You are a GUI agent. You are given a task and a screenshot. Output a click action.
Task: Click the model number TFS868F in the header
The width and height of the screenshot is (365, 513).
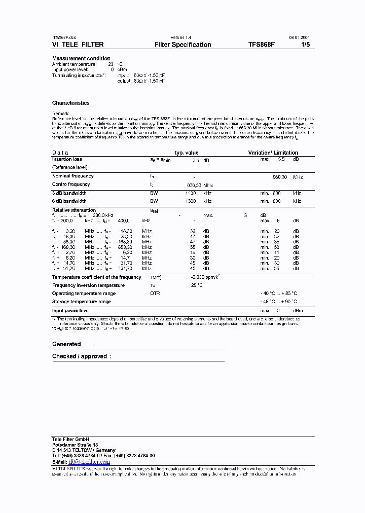pos(262,45)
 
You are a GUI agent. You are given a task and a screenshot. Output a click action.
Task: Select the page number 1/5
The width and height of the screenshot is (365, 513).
pos(305,45)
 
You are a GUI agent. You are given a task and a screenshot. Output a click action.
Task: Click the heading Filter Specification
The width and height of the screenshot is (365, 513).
pos(182,45)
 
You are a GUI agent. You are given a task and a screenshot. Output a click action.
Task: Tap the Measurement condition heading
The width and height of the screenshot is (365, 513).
pos(81,58)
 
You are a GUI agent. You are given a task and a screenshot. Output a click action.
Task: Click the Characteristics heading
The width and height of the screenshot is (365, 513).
pos(70,103)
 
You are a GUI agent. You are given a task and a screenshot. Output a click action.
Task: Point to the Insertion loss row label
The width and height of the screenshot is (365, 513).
pos(67,159)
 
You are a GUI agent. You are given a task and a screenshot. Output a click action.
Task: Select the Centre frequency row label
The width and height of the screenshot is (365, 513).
pos(71,185)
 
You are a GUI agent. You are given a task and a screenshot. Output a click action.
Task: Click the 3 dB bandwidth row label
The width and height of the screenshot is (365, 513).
pos(69,193)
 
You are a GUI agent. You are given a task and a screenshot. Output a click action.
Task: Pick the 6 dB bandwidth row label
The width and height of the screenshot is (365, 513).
pos(69,201)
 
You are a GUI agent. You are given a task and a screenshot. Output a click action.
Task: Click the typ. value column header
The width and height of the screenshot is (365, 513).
pos(187,153)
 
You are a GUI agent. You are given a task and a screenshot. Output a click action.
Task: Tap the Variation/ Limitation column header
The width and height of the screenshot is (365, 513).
pos(273,153)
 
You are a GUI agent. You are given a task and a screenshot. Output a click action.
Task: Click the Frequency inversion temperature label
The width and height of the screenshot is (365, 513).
pos(88,285)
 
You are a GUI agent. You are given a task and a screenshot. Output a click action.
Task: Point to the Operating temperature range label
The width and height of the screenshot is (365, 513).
pos(84,294)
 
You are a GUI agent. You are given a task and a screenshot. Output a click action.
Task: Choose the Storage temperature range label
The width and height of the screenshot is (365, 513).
pos(81,302)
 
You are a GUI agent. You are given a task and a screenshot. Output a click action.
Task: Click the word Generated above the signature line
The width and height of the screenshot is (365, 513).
pos(66,344)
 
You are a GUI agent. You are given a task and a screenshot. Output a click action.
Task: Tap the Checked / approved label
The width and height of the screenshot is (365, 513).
pos(80,356)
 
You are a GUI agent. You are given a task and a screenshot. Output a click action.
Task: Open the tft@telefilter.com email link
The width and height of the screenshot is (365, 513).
pos(89,462)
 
